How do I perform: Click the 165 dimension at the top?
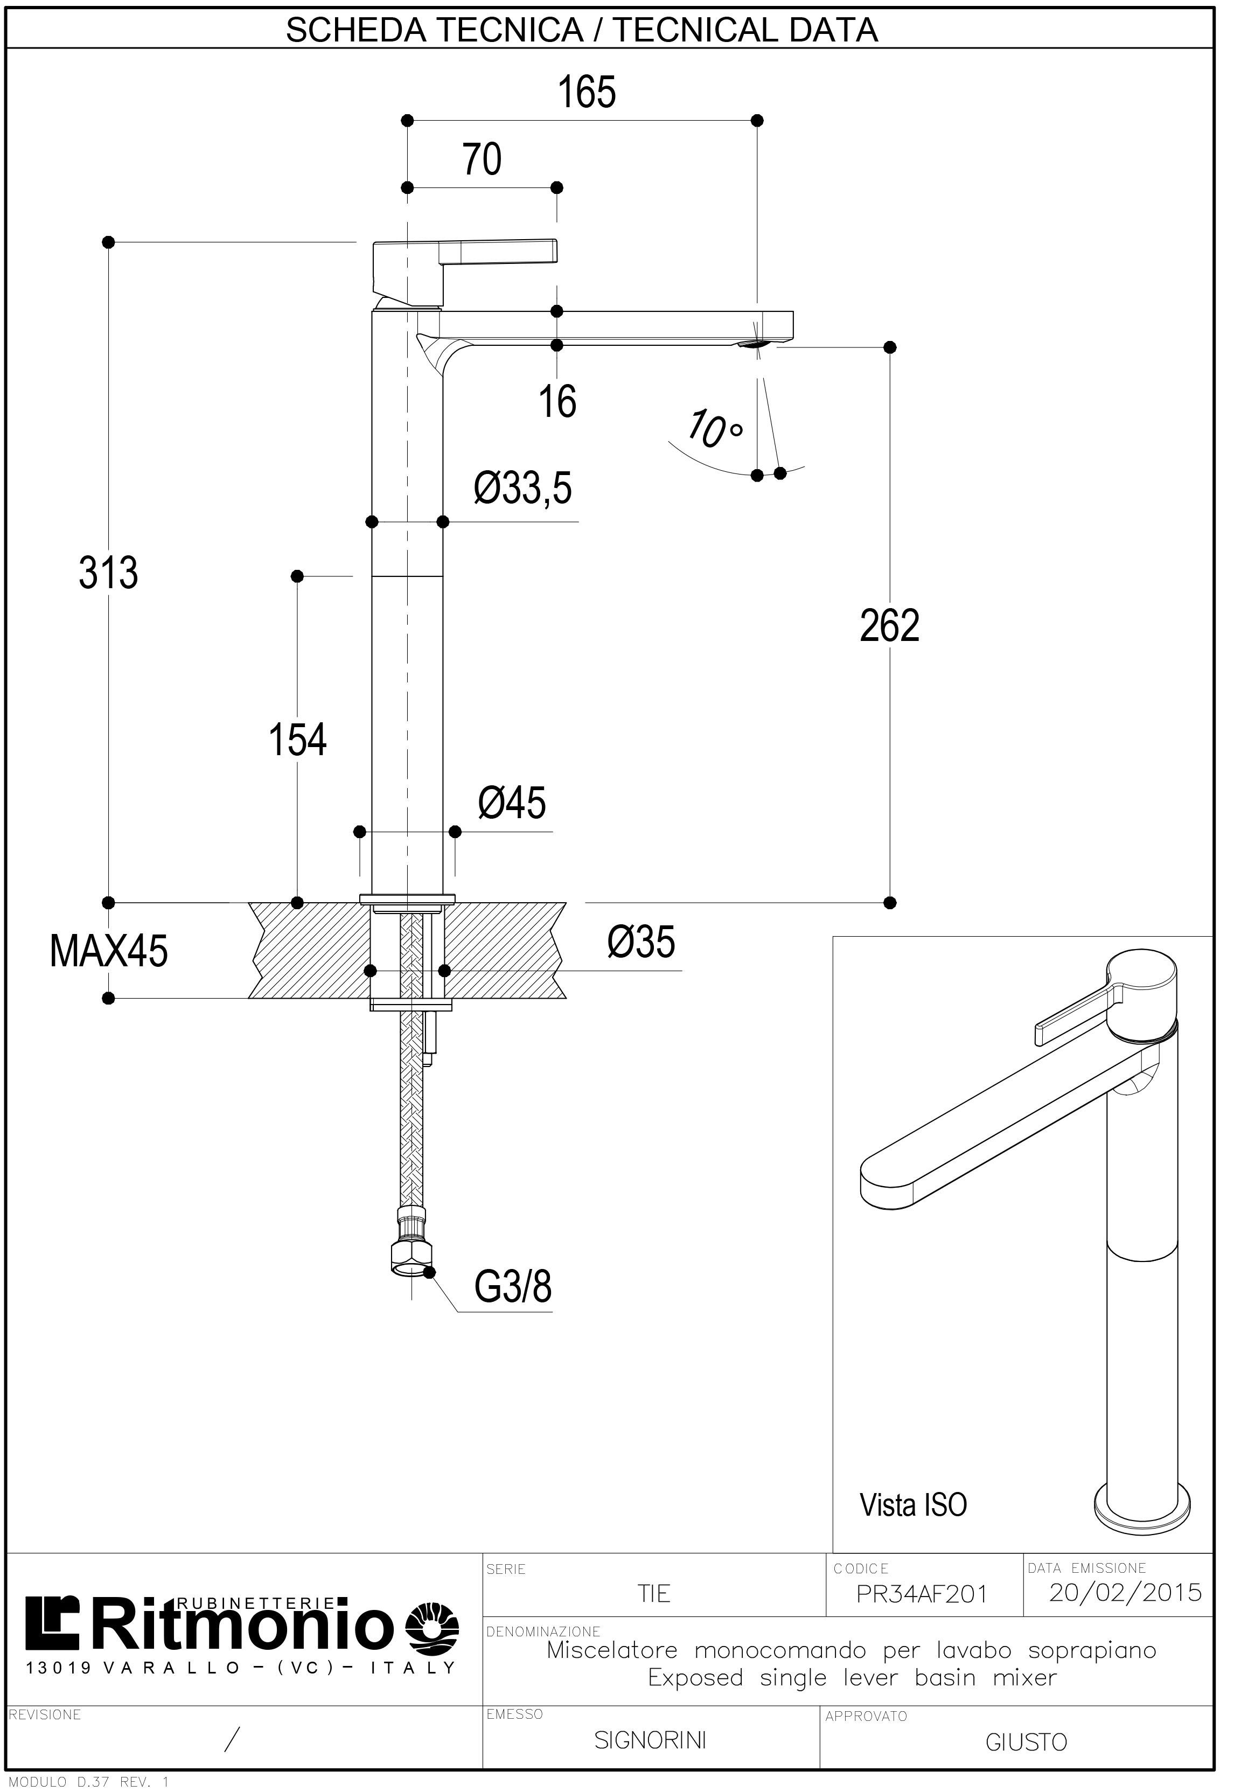click(587, 93)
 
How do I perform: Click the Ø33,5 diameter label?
click(522, 489)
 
